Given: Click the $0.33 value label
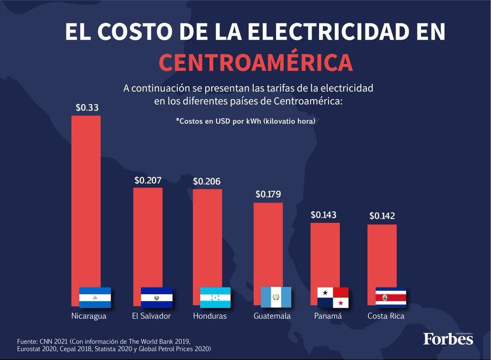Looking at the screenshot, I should click(x=87, y=107).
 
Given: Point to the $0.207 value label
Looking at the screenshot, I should click(x=148, y=179).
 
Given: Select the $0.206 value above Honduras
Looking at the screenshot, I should click(x=207, y=181).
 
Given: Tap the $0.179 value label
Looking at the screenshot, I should click(x=268, y=194).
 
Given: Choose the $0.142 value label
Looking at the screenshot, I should click(x=382, y=216).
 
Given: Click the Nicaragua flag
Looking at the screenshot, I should click(x=95, y=297).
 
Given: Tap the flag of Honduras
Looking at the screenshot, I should click(x=215, y=297).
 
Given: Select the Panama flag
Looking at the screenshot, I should click(x=333, y=297).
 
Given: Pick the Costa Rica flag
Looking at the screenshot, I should click(x=391, y=297).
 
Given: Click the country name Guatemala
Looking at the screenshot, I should click(x=272, y=316).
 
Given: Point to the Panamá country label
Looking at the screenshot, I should click(x=328, y=316).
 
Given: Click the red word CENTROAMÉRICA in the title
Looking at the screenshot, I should click(x=256, y=63).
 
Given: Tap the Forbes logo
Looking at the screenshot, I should click(x=448, y=339).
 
